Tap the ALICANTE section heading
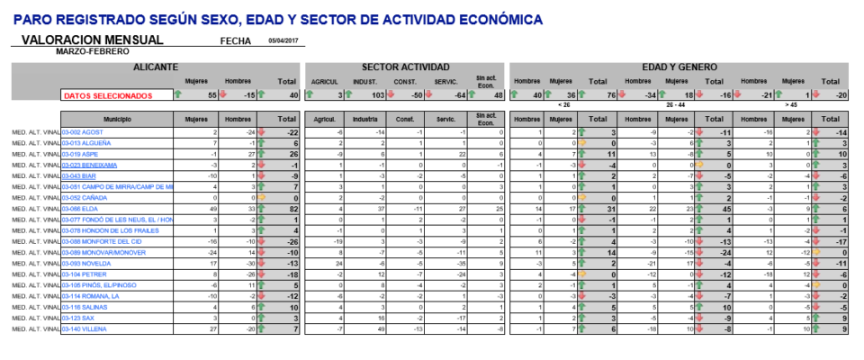(155, 67)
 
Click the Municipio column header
(117, 118)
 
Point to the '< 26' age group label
(564, 104)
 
